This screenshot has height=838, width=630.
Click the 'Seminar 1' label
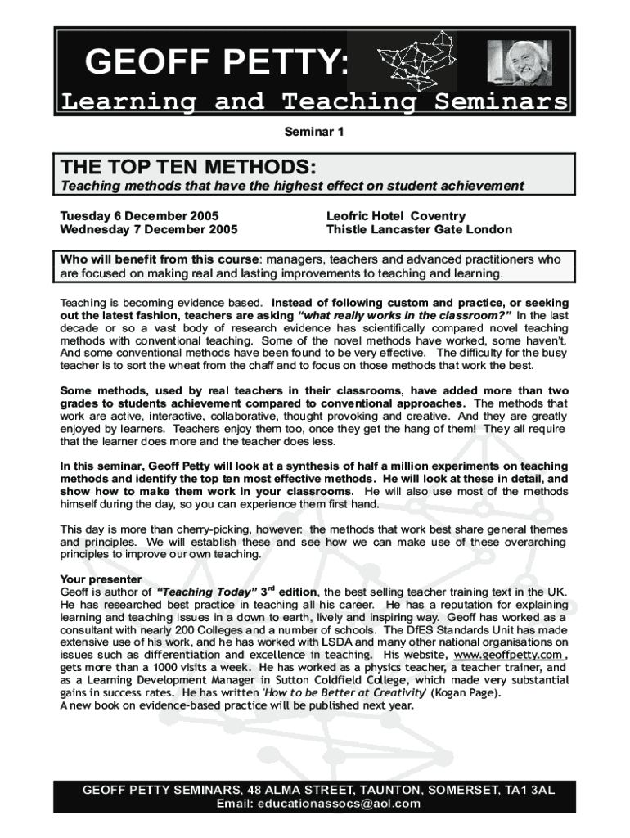point(314,131)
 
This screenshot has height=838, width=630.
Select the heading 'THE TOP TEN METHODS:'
point(187,167)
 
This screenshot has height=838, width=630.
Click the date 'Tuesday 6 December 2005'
point(140,216)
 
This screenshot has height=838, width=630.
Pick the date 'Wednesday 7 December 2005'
point(149,230)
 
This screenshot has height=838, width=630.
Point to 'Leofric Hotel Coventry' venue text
point(395,216)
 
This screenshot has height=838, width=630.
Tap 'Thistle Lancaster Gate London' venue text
point(419,230)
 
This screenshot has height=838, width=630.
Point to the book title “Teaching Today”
point(206,592)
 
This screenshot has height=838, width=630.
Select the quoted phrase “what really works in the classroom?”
point(407,314)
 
